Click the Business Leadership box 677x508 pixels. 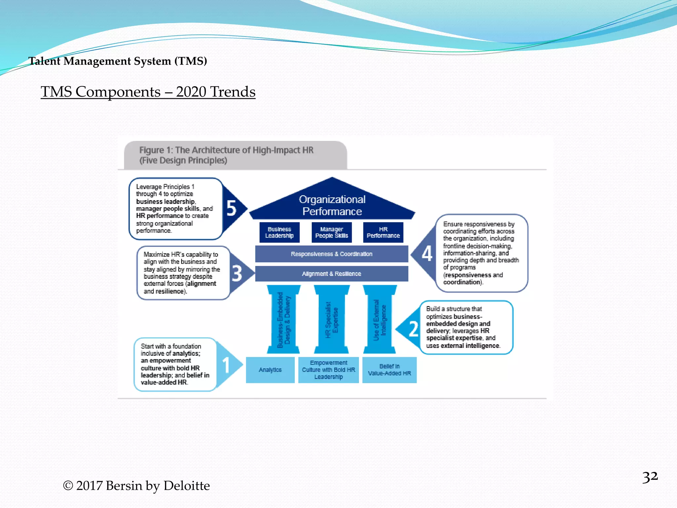tap(279, 233)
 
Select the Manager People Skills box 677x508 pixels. tap(332, 233)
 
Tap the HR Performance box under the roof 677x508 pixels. tap(383, 233)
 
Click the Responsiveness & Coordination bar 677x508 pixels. tap(332, 254)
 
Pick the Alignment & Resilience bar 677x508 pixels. tap(332, 274)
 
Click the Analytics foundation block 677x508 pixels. tap(270, 370)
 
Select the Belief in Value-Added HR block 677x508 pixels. tap(389, 370)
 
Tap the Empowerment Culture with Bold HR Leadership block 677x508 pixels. tap(328, 370)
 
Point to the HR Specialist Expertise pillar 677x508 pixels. tap(332, 319)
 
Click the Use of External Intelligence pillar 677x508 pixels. tap(379, 319)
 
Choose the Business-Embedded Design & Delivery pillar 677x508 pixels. tap(283, 319)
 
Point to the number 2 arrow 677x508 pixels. tap(412, 329)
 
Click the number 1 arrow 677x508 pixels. tap(227, 365)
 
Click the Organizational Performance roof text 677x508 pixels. tap(332, 205)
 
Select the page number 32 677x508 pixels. tap(650, 477)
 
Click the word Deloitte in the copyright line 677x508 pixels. tap(186, 486)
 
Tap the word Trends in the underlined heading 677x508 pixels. tap(232, 92)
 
